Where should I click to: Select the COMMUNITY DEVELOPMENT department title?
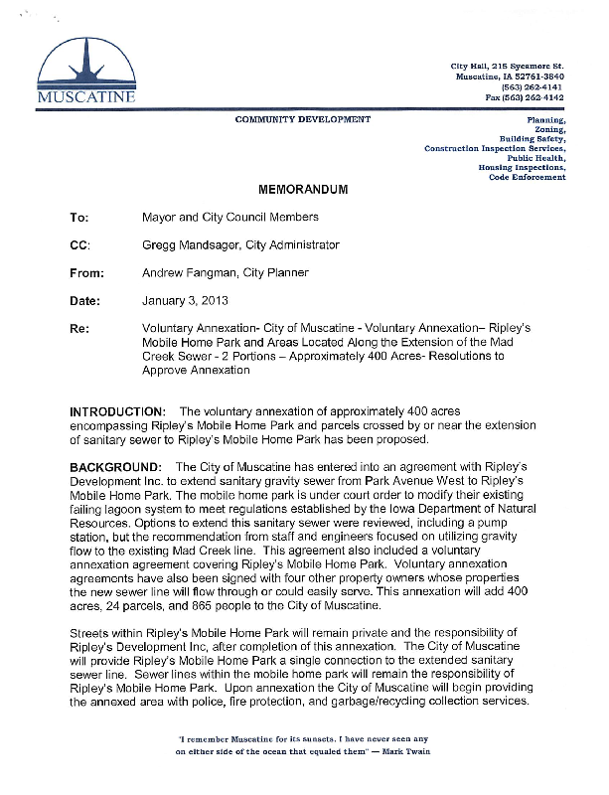pos(302,119)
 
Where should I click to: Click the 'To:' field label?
pos(78,217)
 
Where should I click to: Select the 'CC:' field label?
pos(79,244)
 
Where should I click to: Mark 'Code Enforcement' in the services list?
pos(528,177)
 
